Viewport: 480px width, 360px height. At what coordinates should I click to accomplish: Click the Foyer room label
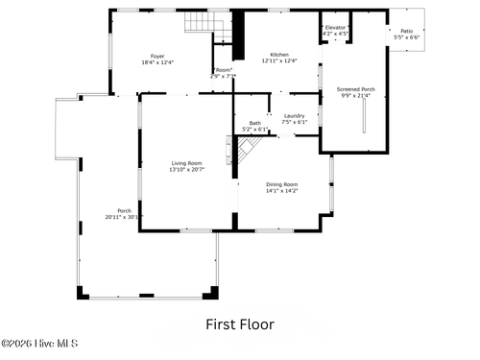click(x=157, y=56)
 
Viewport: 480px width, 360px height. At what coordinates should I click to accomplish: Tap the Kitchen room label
click(x=279, y=55)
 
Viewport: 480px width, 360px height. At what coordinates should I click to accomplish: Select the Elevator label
click(x=335, y=28)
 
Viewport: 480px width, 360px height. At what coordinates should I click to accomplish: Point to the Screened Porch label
click(x=355, y=89)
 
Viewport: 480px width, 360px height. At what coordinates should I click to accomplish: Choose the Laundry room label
click(x=294, y=115)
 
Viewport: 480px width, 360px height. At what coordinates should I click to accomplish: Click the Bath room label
click(x=254, y=123)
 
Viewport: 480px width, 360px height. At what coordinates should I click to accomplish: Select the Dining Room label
click(x=282, y=183)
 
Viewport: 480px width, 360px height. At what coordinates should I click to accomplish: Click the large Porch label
click(x=124, y=211)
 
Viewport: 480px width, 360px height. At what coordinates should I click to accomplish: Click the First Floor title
click(x=239, y=324)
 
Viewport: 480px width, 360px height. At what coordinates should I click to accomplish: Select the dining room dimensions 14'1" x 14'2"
click(x=282, y=190)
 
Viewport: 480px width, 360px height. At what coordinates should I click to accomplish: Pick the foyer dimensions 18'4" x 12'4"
click(x=157, y=62)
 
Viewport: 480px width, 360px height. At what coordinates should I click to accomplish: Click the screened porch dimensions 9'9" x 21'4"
click(x=355, y=96)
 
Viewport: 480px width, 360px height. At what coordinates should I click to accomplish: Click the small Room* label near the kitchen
click(x=223, y=70)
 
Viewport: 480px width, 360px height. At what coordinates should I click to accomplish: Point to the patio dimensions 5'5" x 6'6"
click(x=406, y=38)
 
